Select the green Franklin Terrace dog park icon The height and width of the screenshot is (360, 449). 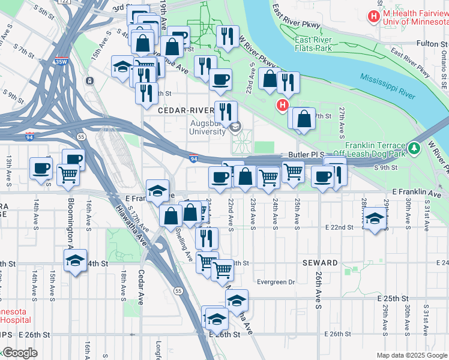click(413, 148)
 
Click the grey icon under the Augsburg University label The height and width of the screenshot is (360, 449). click(235, 126)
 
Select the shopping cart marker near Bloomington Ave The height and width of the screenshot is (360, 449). click(68, 175)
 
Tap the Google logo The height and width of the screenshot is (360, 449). click(19, 353)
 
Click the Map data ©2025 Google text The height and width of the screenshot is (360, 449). click(411, 355)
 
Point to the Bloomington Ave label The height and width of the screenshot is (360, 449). click(70, 223)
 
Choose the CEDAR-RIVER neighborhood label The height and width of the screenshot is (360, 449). click(185, 111)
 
